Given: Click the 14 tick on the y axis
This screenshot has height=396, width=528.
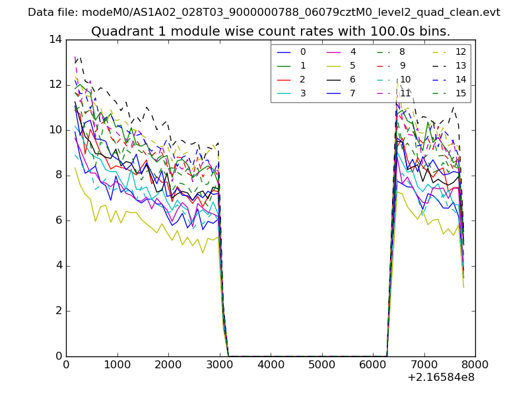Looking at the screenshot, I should [x=55, y=40].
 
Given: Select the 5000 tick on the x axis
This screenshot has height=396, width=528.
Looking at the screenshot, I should [x=321, y=364].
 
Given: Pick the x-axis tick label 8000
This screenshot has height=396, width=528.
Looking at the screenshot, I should [x=475, y=364].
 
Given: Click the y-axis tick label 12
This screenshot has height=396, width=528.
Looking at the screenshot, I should [x=55, y=84].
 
